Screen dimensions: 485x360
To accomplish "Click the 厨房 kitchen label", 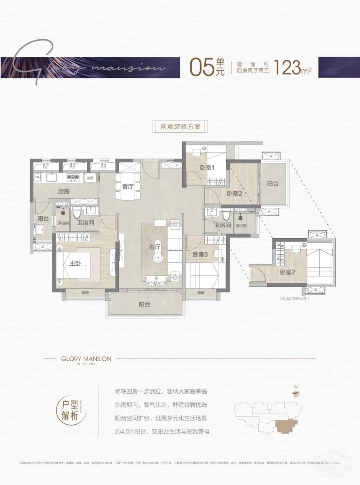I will [64, 191].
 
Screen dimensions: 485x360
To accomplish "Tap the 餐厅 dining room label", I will [128, 187].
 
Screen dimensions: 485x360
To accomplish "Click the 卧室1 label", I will [207, 168].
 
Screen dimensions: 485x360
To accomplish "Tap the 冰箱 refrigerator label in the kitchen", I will [90, 178].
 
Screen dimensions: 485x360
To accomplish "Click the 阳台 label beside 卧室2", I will [273, 184].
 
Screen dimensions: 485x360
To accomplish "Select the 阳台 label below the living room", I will [144, 304].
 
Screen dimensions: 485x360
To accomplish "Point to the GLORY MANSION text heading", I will [80, 359].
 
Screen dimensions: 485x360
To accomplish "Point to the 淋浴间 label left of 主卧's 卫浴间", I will [58, 223].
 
